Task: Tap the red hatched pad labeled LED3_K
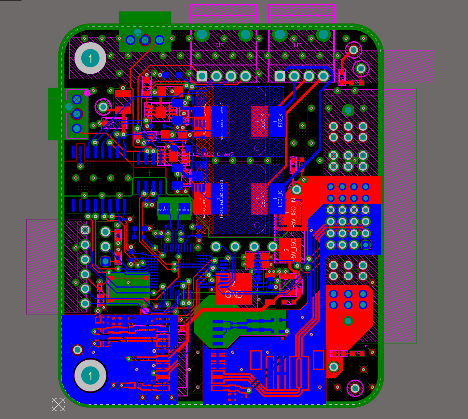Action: [x=259, y=121]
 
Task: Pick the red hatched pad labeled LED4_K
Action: [x=259, y=199]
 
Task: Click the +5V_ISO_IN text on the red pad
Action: [x=293, y=212]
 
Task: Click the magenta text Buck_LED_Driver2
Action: [x=212, y=154]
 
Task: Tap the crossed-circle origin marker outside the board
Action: [x=58, y=404]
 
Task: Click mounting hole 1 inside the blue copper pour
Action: [x=90, y=376]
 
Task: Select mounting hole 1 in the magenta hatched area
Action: [x=90, y=58]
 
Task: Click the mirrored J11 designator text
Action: [x=296, y=45]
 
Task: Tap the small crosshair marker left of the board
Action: [x=53, y=267]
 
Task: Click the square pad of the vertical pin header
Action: [x=85, y=230]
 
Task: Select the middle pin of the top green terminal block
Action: [x=145, y=40]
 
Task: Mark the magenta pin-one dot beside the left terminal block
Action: [x=87, y=93]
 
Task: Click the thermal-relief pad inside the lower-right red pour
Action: [x=348, y=321]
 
